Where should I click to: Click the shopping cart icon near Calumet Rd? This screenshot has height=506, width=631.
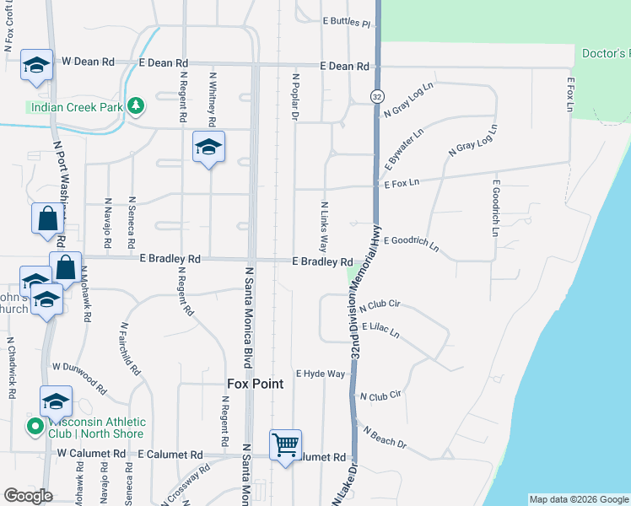click(286, 444)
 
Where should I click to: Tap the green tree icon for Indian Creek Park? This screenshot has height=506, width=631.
click(135, 106)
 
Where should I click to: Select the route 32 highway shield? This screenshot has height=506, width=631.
click(376, 98)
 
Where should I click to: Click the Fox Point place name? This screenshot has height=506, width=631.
click(255, 384)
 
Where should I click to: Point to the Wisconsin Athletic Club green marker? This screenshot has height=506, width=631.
click(35, 428)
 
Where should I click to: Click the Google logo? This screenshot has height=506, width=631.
click(28, 496)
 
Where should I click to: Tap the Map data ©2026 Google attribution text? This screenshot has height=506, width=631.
click(579, 499)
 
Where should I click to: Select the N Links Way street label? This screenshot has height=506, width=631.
click(323, 227)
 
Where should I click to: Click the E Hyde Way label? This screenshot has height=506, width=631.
click(321, 374)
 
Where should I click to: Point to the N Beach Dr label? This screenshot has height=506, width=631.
click(385, 437)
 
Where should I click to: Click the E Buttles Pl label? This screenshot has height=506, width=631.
click(347, 23)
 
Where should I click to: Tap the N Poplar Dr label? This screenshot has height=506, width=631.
click(296, 97)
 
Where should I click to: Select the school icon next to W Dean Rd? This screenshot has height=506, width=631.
click(36, 65)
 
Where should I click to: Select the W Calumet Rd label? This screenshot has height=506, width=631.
click(91, 454)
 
